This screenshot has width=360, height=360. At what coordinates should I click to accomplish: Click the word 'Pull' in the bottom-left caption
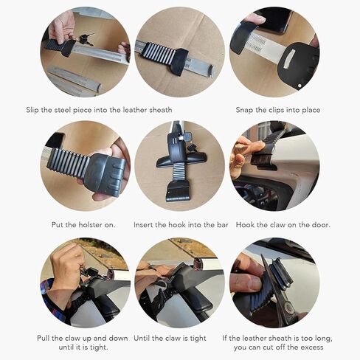[45, 338]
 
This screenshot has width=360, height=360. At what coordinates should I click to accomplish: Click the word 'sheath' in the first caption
[158, 110]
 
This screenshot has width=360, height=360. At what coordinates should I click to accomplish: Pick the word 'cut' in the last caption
[274, 347]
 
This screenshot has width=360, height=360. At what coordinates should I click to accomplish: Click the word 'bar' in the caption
[221, 224]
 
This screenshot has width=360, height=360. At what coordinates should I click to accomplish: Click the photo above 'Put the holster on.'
[84, 166]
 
